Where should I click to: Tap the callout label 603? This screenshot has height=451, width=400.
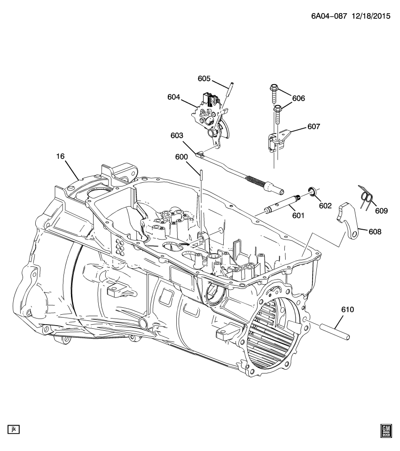tap(177, 136)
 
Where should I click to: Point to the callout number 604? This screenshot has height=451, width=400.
tap(174, 97)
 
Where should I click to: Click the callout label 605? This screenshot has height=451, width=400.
tap(204, 79)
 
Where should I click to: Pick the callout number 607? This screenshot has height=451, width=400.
tap(314, 126)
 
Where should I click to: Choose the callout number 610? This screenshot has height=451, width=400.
tap(348, 310)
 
